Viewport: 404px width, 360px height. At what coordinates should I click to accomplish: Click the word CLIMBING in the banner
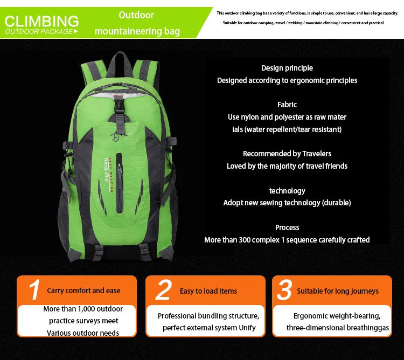pos(41,22)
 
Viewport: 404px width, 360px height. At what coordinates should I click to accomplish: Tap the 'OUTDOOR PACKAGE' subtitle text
pos(39,32)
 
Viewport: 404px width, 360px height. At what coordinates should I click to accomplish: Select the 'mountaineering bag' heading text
pos(137,31)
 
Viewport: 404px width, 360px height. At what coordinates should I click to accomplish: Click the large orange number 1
pos(34,290)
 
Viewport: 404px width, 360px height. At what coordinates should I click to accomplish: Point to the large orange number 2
pos(163,290)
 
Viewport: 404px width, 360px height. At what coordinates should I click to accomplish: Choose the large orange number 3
pos(284,290)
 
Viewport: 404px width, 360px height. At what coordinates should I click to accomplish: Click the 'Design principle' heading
pos(287,68)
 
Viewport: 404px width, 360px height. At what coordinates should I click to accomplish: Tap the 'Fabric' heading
pos(287,105)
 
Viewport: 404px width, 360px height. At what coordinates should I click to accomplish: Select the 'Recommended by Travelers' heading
pos(287,154)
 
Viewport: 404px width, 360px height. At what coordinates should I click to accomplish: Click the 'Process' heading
pos(287,227)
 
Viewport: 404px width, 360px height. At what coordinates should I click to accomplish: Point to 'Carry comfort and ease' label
pos(83,290)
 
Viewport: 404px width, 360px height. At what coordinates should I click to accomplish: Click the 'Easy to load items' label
pos(208,291)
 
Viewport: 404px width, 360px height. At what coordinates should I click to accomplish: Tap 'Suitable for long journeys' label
pos(338,291)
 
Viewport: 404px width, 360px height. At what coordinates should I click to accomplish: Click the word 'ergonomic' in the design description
pos(305,80)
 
